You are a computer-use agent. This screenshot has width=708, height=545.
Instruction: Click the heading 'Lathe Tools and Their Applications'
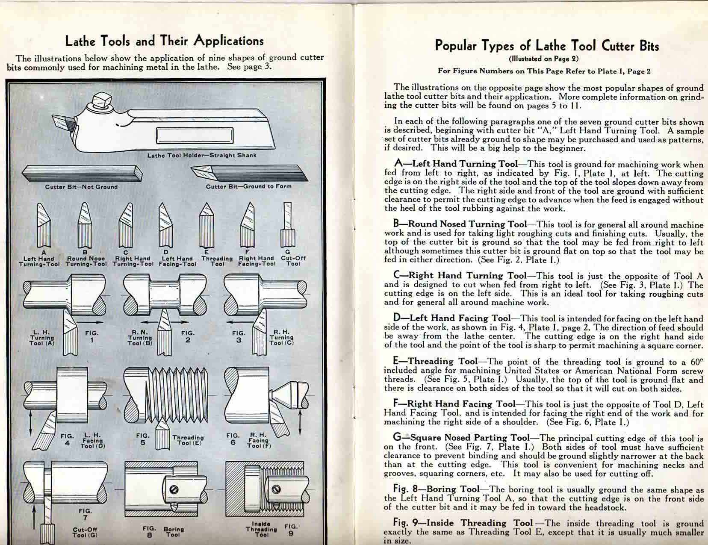pyautogui.click(x=164, y=41)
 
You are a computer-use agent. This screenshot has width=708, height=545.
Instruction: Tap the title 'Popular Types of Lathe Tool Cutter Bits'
pyautogui.click(x=547, y=46)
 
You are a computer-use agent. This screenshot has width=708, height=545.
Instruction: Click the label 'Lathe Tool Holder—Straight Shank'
pyautogui.click(x=202, y=155)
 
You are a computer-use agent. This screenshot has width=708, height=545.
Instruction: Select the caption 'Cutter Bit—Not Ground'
pyautogui.click(x=81, y=187)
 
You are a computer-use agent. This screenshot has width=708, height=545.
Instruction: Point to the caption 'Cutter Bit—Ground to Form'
pyautogui.click(x=248, y=186)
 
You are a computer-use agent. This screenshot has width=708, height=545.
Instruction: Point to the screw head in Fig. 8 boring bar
pyautogui.click(x=174, y=490)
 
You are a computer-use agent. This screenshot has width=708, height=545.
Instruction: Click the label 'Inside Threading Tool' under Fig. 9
pyautogui.click(x=261, y=529)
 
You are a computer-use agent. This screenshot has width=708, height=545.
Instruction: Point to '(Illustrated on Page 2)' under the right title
pyautogui.click(x=544, y=59)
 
